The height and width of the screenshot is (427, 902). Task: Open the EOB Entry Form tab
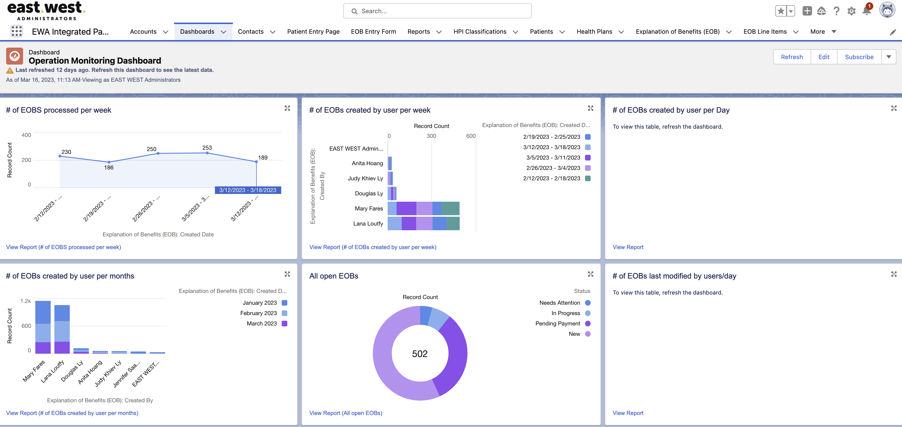373,32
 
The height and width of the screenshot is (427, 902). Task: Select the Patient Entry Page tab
313,32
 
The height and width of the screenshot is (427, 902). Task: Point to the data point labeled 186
109,162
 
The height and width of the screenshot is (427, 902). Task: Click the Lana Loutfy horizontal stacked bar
423,223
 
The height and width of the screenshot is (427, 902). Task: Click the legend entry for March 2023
262,324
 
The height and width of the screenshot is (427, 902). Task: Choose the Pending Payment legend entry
557,324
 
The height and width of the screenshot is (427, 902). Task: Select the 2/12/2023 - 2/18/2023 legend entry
552,178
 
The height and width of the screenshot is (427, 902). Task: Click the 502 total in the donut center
420,354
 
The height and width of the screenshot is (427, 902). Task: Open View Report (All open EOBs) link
345,413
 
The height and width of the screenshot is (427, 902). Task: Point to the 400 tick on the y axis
26,135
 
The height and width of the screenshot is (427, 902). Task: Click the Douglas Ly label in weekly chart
369,193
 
